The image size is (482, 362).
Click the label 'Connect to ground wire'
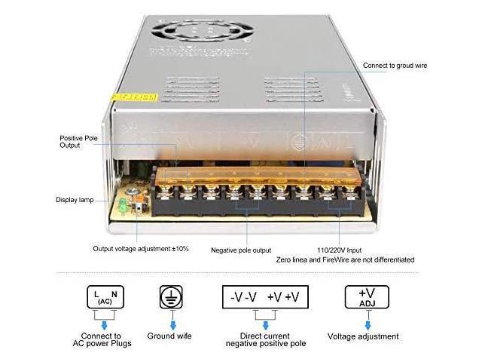(x=395, y=66)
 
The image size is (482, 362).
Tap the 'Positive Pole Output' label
(x=80, y=141)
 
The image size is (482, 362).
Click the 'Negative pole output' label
(x=242, y=250)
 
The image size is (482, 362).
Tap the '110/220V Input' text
(x=338, y=250)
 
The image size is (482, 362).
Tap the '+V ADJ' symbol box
(x=368, y=296)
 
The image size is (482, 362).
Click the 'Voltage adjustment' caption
(x=368, y=336)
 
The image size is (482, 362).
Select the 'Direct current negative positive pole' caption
(x=267, y=340)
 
